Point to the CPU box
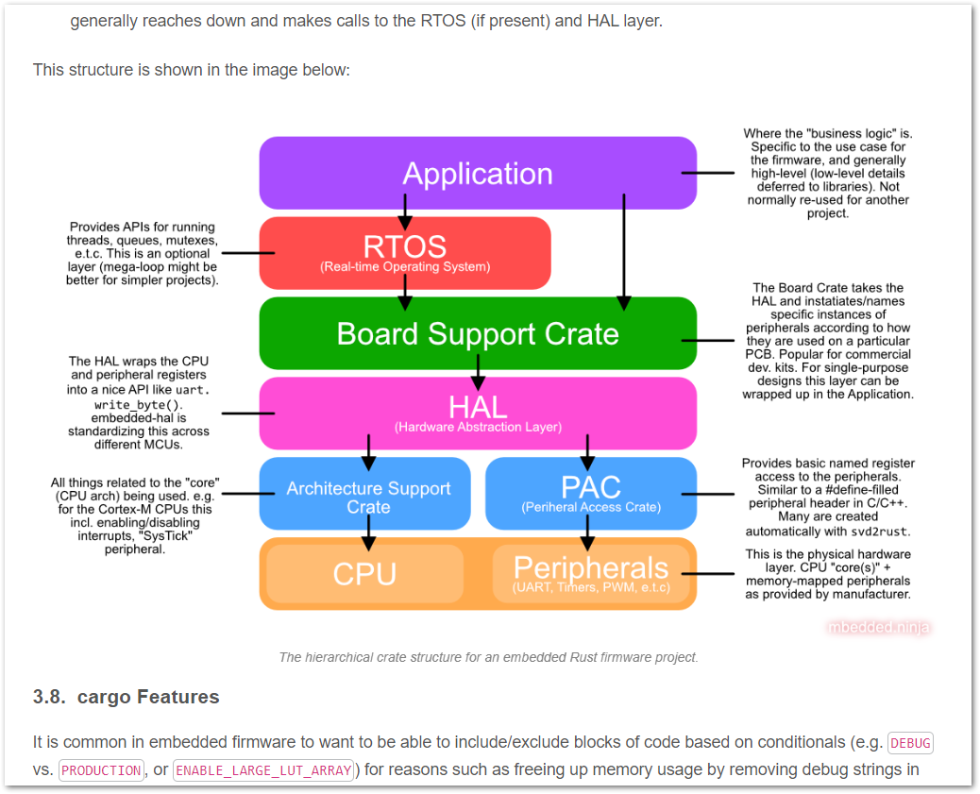pyautogui.click(x=364, y=574)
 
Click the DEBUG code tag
pyautogui.click(x=910, y=743)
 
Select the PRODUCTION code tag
pyautogui.click(x=101, y=770)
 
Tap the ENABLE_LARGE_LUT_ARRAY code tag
pyautogui.click(x=263, y=770)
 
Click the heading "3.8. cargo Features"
pyautogui.click(x=126, y=697)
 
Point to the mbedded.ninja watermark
pyautogui.click(x=878, y=627)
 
